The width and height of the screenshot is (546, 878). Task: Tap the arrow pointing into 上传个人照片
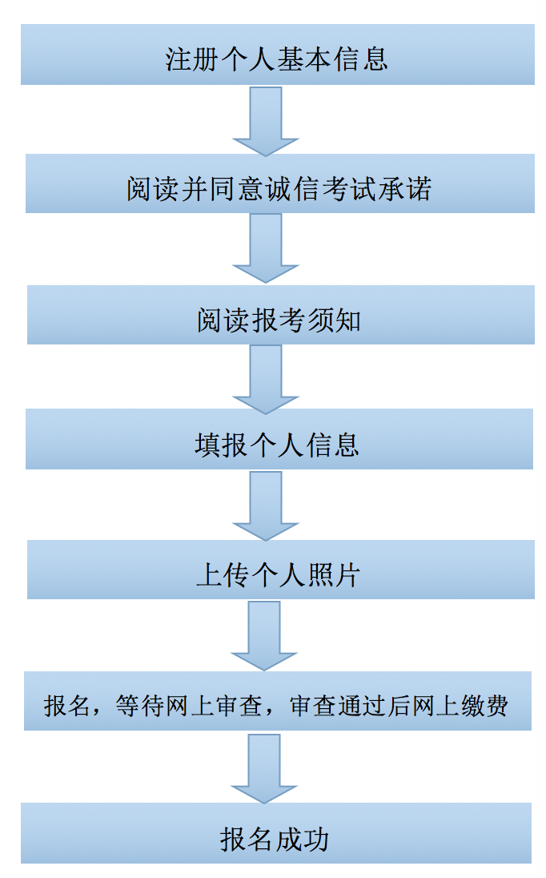pyautogui.click(x=266, y=505)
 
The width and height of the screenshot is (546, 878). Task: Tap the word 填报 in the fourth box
pyautogui.click(x=222, y=445)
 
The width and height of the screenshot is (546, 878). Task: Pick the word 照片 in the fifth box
pyautogui.click(x=333, y=575)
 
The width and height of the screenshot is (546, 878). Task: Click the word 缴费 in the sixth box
pyautogui.click(x=485, y=706)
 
